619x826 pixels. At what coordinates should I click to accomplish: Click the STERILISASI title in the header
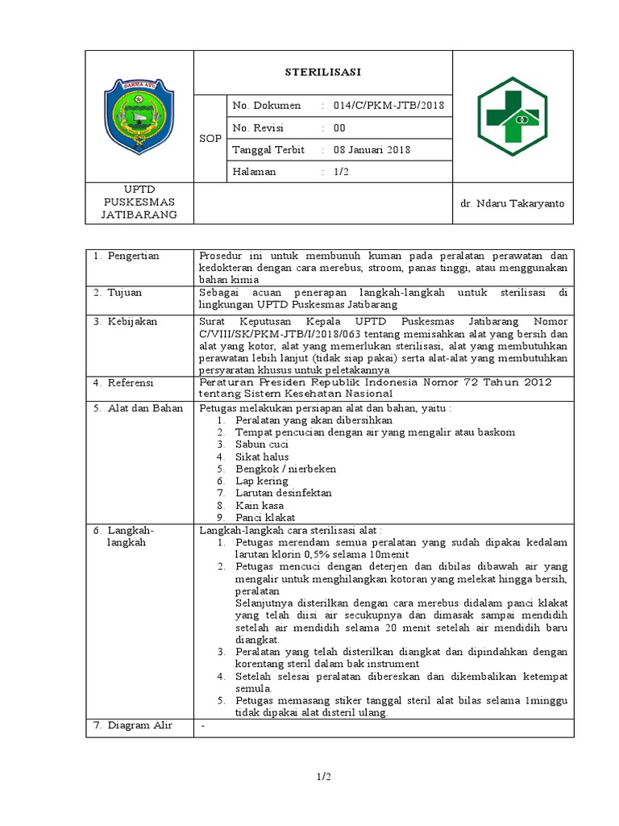(x=322, y=72)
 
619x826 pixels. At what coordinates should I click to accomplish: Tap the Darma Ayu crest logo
(x=139, y=117)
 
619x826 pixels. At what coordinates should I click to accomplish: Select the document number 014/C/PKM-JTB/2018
(x=383, y=106)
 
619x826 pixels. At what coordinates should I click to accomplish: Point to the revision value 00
(x=339, y=127)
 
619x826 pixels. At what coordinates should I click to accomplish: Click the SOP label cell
(x=210, y=138)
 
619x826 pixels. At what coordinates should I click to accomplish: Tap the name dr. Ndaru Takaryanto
(x=512, y=203)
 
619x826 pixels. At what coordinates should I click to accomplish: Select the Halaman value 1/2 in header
(x=339, y=171)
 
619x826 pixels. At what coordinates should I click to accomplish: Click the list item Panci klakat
(x=265, y=517)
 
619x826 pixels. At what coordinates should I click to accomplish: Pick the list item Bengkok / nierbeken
(x=285, y=469)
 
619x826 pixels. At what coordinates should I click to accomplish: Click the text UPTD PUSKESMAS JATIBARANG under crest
(x=139, y=202)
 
